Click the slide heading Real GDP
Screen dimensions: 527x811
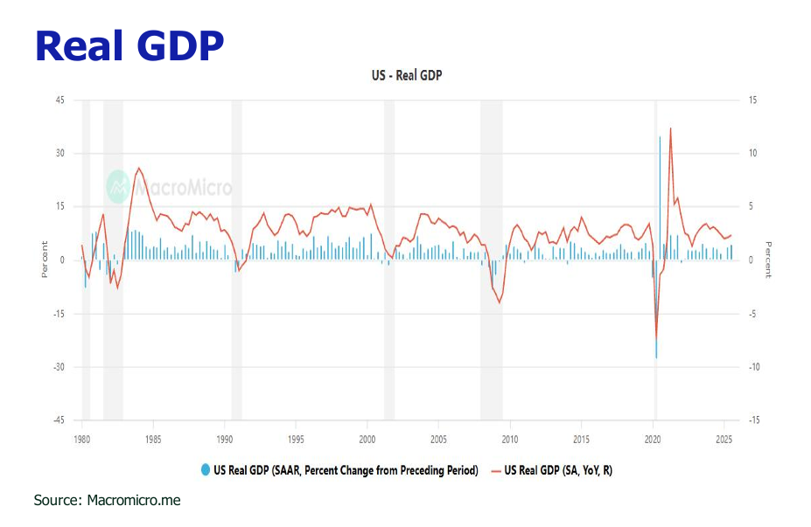click(129, 45)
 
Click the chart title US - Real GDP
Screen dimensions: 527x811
click(407, 76)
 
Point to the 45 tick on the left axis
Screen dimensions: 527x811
click(59, 101)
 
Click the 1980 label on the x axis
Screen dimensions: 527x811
click(81, 439)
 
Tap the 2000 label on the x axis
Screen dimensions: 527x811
click(367, 439)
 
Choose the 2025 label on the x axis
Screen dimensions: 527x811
click(724, 439)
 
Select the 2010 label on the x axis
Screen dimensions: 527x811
click(510, 439)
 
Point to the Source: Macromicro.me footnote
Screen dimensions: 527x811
click(107, 501)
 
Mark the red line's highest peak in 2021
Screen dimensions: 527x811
click(670, 128)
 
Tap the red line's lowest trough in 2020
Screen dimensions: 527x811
click(656, 338)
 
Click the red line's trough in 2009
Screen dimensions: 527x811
click(500, 302)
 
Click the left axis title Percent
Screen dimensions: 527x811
click(45, 260)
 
